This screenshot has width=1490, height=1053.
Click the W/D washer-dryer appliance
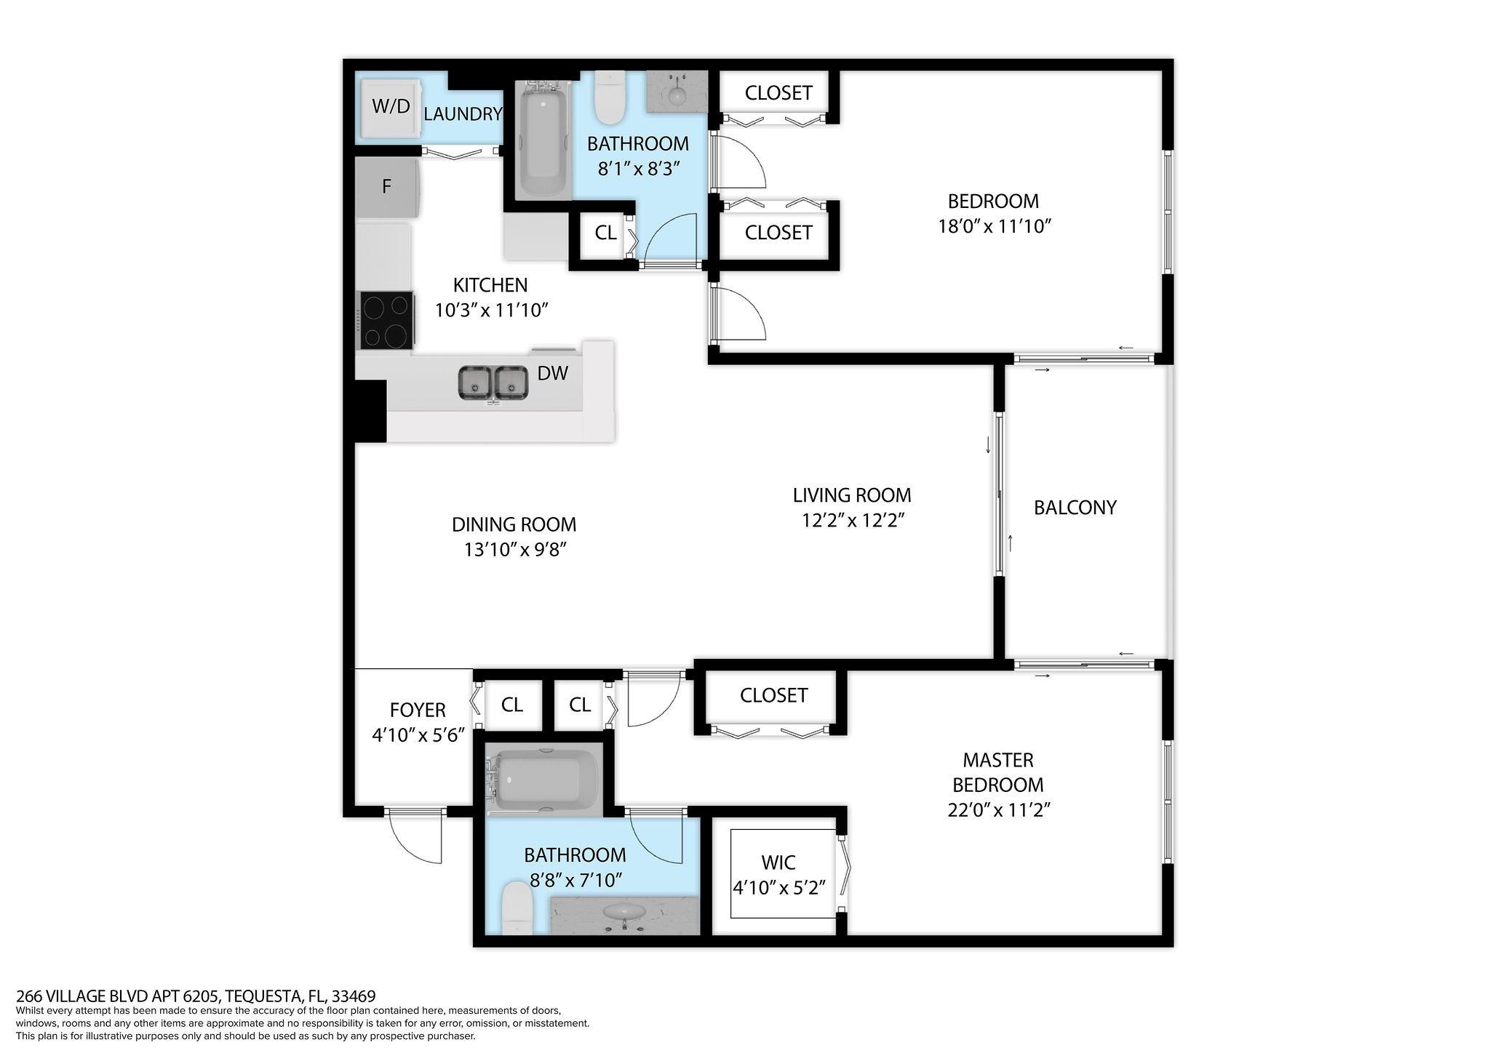pyautogui.click(x=391, y=107)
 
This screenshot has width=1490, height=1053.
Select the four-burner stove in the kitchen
pyautogui.click(x=386, y=321)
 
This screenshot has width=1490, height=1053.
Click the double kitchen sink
pyautogui.click(x=493, y=383)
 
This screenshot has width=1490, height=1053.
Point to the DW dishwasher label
pyautogui.click(x=552, y=374)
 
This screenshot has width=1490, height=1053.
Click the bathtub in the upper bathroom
pyautogui.click(x=543, y=138)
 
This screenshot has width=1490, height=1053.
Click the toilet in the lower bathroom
pyautogui.click(x=517, y=908)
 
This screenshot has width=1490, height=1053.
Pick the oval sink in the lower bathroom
pyautogui.click(x=624, y=912)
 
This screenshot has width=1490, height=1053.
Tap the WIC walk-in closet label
pyautogui.click(x=778, y=862)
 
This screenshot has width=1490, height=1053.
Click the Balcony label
pyautogui.click(x=1075, y=508)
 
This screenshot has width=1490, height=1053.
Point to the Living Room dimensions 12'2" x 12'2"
pyautogui.click(x=852, y=521)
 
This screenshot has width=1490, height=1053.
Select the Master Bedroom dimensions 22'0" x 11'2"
pyautogui.click(x=998, y=810)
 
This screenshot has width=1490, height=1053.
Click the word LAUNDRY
pyautogui.click(x=463, y=114)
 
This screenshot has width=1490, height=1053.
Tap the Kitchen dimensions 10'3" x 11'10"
pyautogui.click(x=491, y=311)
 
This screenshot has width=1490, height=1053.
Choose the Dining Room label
pyautogui.click(x=514, y=524)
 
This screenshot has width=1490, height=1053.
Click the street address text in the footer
pyautogui.click(x=196, y=996)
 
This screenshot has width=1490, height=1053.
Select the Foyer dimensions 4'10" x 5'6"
pyautogui.click(x=418, y=735)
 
